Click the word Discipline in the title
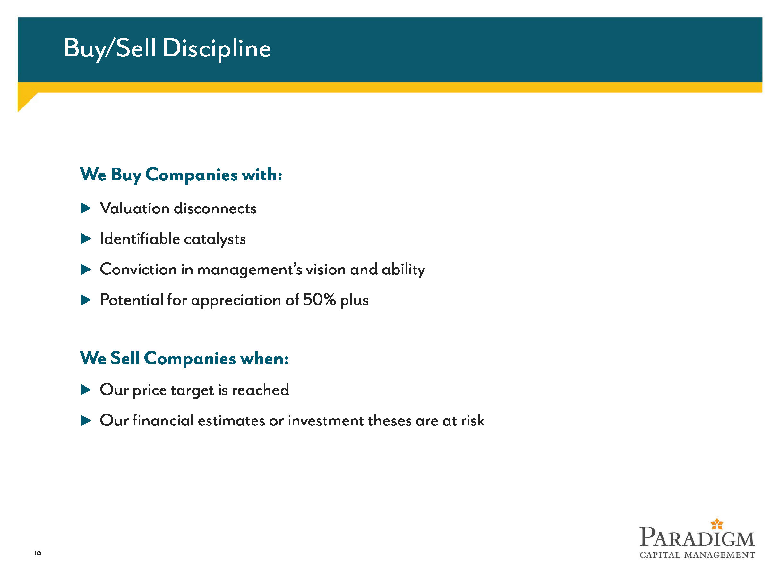coord(216,48)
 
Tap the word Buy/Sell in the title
coord(110,48)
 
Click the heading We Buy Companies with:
coord(181,175)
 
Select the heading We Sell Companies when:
coord(184,358)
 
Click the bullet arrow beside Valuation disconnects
coord(86,208)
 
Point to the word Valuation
coord(135,208)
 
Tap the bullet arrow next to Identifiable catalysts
coord(86,239)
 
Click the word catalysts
coord(215,239)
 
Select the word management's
coord(250,270)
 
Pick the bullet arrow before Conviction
coord(86,270)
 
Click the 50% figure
coord(319,300)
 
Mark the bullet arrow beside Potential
coord(86,300)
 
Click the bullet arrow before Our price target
coord(86,390)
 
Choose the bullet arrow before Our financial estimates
coord(86,420)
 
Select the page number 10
coord(37,553)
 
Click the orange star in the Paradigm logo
coord(717,524)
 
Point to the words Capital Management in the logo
coord(697,555)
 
